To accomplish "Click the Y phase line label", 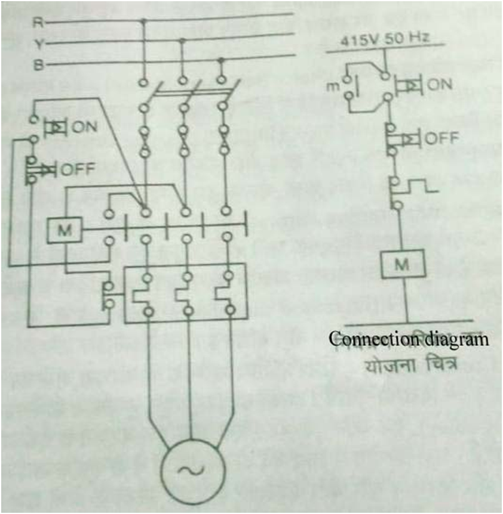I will point(36,44).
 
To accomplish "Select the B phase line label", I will point(36,65).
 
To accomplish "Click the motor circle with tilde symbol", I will point(191,471).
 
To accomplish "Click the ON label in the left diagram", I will point(85,127).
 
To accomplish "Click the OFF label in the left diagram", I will point(78,169).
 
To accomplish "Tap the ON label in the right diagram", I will point(440,85).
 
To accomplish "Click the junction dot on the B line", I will point(222,60).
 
